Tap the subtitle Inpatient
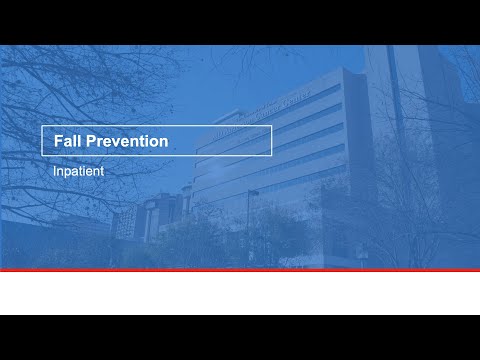[x=79, y=171]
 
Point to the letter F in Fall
[x=58, y=142]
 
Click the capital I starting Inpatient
[x=56, y=171]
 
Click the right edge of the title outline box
[x=271, y=141]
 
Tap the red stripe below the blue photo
[x=240, y=270]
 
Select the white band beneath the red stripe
[x=240, y=293]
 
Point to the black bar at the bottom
[x=240, y=337]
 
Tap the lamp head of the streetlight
[x=254, y=192]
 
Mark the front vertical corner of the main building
[x=343, y=150]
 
